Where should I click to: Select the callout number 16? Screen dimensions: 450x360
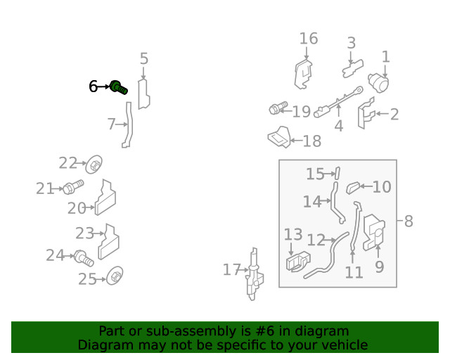tap(309, 39)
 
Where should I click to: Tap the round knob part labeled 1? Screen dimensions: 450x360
tap(378, 83)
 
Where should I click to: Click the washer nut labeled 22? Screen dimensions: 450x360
tap(94, 165)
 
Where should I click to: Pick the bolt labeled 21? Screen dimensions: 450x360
tap(73, 186)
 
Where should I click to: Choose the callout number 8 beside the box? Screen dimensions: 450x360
tap(409, 221)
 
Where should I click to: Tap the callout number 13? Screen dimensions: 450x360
tap(293, 235)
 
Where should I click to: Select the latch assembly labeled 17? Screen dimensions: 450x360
tap(255, 274)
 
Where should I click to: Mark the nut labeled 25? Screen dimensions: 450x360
tap(115, 276)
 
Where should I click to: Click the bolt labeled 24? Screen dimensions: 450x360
tap(84, 258)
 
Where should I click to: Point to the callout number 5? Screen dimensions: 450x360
tap(144, 58)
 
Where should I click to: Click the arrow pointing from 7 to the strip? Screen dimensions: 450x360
tap(122, 124)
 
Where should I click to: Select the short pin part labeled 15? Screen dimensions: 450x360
tap(337, 173)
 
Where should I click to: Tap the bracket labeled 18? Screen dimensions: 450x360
tap(279, 137)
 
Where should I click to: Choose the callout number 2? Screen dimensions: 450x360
tap(394, 115)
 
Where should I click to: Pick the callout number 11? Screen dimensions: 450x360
tap(354, 272)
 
